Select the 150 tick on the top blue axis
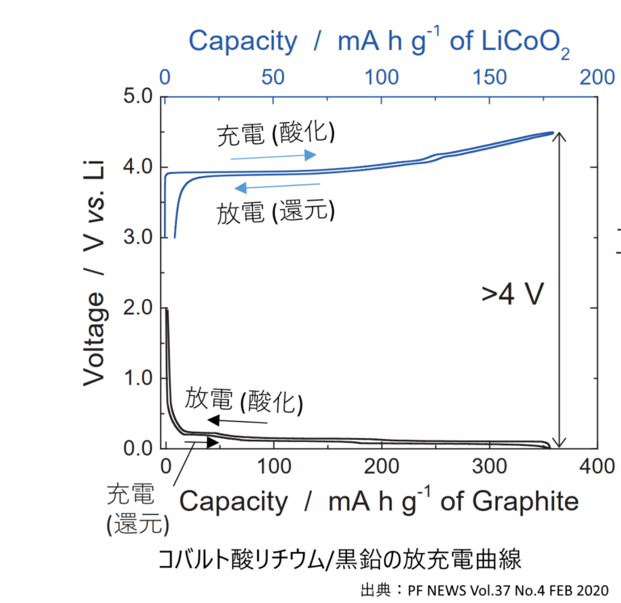[490, 78]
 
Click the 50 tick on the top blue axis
[273, 78]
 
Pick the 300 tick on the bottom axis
[489, 466]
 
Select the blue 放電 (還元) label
[275, 212]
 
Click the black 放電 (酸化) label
[243, 398]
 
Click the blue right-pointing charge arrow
[272, 156]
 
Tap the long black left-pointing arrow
[236, 420]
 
